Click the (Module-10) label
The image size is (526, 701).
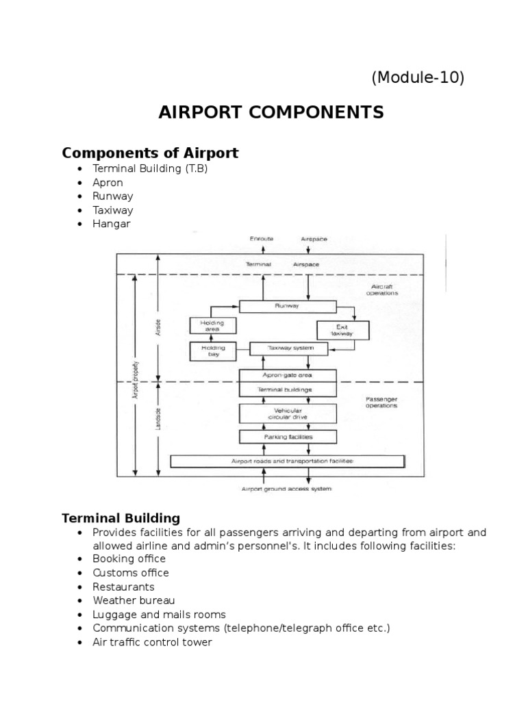coord(418,78)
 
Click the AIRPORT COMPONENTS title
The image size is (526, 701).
coord(271,112)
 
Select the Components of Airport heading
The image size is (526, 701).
coord(150,153)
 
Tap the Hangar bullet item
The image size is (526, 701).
coord(111,224)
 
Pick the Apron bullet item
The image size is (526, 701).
coord(108,183)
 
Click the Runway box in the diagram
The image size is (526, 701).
coord(287,307)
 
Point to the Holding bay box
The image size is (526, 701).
coord(213,351)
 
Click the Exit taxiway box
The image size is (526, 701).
coord(342,330)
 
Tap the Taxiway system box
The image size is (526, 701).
coord(290,348)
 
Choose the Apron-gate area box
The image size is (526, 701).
coord(288,376)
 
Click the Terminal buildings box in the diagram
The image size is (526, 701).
coord(288,390)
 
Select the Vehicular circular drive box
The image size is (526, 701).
coord(288,413)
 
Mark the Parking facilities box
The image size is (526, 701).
coord(288,436)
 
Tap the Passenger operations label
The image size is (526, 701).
coord(381,402)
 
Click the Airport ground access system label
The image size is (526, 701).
coord(287,489)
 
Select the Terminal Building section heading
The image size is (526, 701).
coord(121,518)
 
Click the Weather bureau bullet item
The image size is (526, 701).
coord(134,600)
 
